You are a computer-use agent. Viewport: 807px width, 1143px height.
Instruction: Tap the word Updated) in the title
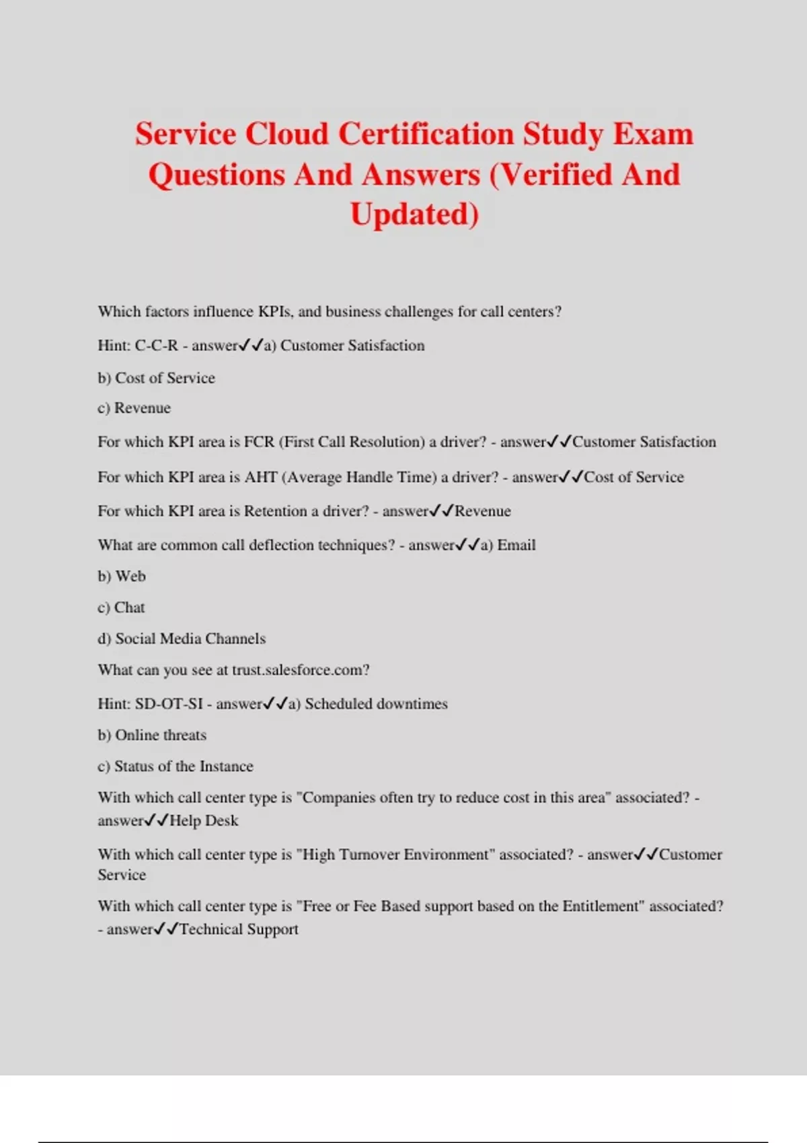coord(414,214)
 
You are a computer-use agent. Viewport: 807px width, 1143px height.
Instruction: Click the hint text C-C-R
coord(156,346)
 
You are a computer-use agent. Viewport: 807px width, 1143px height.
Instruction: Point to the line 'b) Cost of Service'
coord(156,378)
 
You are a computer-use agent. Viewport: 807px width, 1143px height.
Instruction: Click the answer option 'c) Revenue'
coord(134,408)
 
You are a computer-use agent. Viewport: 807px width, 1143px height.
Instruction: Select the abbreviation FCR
coord(259,442)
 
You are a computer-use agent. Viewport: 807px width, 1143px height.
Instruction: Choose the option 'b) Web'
coord(122,576)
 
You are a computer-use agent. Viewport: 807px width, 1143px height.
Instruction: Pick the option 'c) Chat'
coord(121,607)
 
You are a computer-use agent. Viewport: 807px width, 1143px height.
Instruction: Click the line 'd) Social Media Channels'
coord(182,639)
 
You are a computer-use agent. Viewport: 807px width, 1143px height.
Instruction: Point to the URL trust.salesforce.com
coord(300,670)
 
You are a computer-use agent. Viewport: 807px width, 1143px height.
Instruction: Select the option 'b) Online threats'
coord(152,735)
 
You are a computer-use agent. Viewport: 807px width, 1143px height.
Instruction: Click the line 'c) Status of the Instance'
coord(176,766)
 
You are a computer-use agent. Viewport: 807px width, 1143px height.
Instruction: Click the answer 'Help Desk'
coord(204,821)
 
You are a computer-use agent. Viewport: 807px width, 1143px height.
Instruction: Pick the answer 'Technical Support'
coord(239,929)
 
